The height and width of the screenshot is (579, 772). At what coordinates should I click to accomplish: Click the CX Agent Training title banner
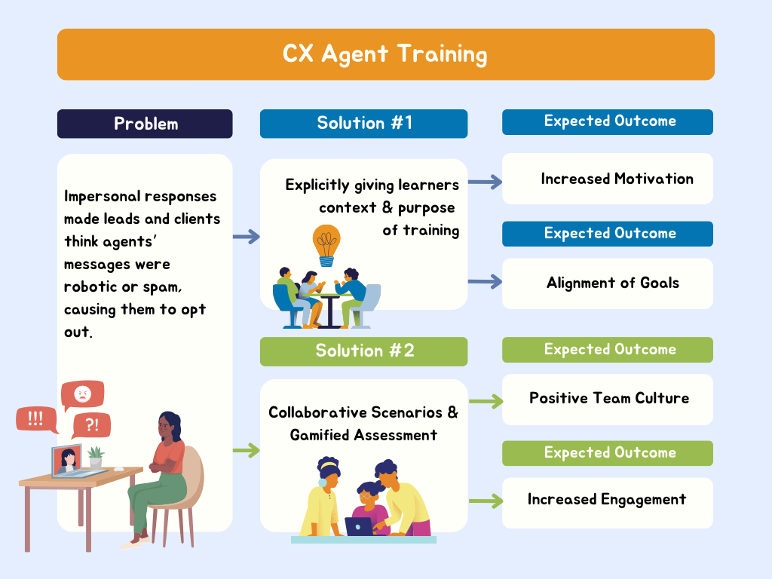click(x=385, y=54)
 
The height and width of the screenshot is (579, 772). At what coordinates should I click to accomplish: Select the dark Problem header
click(x=145, y=124)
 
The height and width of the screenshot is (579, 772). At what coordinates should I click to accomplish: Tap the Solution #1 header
click(x=363, y=124)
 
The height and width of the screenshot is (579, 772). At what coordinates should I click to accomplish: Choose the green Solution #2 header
click(x=363, y=351)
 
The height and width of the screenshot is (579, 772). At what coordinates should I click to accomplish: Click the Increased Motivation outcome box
click(x=607, y=179)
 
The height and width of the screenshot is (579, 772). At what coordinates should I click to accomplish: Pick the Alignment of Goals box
click(x=607, y=283)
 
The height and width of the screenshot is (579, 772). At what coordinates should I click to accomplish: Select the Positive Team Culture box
click(x=607, y=399)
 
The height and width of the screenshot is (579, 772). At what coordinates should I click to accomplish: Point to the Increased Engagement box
click(x=607, y=500)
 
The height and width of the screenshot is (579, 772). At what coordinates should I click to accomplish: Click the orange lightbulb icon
click(x=326, y=243)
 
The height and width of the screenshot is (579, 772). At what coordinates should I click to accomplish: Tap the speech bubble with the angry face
click(x=82, y=394)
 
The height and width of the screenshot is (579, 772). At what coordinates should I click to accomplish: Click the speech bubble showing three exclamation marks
click(x=35, y=419)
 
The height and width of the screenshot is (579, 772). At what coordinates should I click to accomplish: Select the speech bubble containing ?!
click(x=91, y=426)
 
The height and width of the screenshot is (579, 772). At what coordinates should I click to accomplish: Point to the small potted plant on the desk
click(x=96, y=456)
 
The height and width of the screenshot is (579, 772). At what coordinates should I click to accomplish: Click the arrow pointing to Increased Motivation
click(x=485, y=181)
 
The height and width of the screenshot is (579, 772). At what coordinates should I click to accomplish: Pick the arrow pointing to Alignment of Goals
click(x=485, y=282)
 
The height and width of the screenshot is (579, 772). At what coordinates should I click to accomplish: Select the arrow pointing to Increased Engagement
click(x=485, y=500)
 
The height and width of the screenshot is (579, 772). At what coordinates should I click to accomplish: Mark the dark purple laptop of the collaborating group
click(x=359, y=526)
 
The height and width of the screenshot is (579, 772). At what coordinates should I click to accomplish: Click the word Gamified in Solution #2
click(x=319, y=435)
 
